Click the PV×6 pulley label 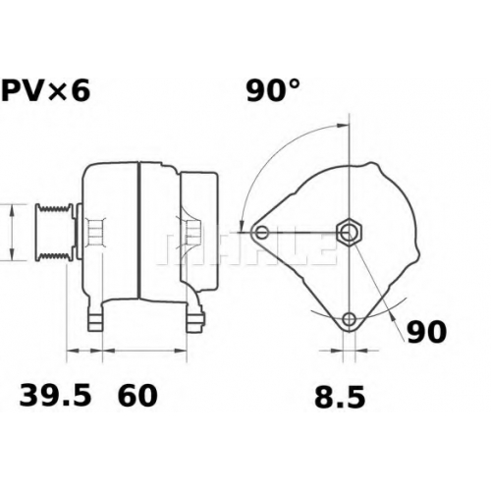pyautogui.click(x=45, y=90)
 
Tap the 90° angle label pyautogui.click(x=273, y=90)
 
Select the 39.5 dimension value pyautogui.click(x=55, y=396)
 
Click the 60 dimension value pyautogui.click(x=137, y=396)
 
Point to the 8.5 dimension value pyautogui.click(x=340, y=398)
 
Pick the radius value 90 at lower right pyautogui.click(x=426, y=332)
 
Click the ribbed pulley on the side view pyautogui.click(x=54, y=232)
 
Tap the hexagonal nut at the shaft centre pyautogui.click(x=350, y=233)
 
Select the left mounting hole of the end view pyautogui.click(x=261, y=233)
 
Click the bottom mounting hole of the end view pyautogui.click(x=350, y=318)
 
